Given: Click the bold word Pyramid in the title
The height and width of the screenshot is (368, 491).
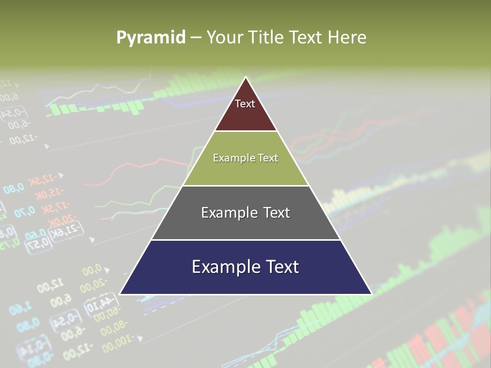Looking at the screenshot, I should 151,37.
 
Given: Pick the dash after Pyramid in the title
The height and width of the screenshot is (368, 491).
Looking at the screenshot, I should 196,38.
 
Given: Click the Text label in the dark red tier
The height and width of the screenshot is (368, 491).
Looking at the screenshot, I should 245,104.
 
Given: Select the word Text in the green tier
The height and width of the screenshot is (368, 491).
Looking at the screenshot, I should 269,158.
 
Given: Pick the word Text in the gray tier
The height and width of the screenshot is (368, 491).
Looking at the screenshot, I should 277,213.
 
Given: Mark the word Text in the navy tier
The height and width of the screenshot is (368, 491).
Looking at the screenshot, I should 281,267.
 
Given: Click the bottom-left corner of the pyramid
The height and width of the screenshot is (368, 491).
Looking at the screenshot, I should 121,293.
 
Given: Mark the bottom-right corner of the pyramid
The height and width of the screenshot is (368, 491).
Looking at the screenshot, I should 371,293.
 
